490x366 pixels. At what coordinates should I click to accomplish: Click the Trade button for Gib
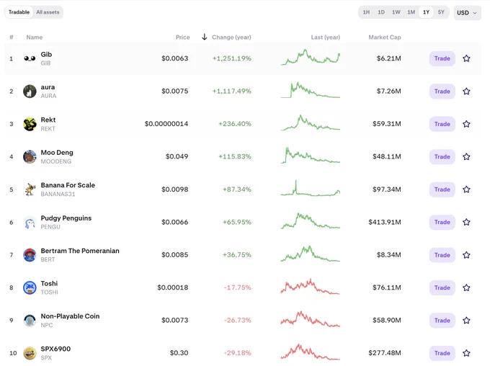[442, 58]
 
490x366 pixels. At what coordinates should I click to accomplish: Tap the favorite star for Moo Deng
[466, 156]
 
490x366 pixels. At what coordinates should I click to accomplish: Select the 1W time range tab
[396, 12]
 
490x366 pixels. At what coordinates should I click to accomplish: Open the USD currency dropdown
[467, 13]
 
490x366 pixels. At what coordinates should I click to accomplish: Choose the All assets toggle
[48, 12]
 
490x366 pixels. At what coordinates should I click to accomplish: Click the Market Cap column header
[384, 37]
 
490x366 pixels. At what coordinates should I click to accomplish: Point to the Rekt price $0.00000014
[166, 124]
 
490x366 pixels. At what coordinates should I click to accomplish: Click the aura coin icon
[30, 91]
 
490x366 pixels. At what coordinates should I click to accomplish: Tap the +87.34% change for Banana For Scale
[237, 189]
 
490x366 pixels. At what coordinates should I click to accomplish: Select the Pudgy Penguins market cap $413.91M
[384, 222]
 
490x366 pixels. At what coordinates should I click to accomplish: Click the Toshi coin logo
[30, 287]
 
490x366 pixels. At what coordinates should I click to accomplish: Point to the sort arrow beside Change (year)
[205, 37]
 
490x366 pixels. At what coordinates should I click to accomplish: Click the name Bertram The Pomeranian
[80, 251]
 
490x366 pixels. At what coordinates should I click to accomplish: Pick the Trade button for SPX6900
[442, 353]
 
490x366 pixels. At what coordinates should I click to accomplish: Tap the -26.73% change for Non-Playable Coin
[238, 321]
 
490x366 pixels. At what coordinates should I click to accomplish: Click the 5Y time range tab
[441, 12]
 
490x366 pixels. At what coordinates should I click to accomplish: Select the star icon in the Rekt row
[466, 124]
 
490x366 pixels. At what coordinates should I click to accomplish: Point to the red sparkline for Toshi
[310, 287]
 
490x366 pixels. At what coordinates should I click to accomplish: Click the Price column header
[182, 37]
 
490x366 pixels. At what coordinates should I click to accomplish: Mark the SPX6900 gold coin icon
[30, 353]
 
